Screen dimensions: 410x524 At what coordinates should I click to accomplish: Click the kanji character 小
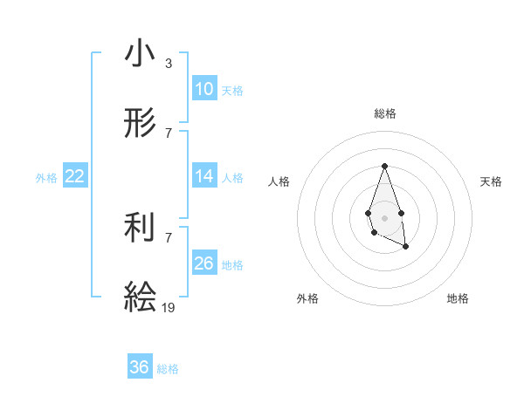(x=140, y=54)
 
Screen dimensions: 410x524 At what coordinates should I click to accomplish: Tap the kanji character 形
(x=140, y=123)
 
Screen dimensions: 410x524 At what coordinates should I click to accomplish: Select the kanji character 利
(x=140, y=228)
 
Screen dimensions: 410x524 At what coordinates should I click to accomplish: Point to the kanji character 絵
(x=140, y=297)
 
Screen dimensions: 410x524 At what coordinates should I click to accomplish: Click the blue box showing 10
(x=204, y=89)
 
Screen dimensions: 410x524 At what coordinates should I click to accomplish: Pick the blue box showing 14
(x=204, y=176)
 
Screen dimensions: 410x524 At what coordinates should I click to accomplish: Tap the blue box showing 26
(x=204, y=263)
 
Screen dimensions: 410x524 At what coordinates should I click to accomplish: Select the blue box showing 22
(x=75, y=176)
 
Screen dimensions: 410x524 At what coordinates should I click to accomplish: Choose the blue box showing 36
(x=140, y=367)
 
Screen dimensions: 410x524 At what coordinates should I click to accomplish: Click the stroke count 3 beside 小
(x=169, y=64)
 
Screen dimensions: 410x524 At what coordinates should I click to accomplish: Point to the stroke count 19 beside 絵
(x=169, y=307)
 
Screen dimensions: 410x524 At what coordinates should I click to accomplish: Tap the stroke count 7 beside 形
(x=169, y=133)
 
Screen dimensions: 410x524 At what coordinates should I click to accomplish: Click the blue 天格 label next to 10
(x=232, y=90)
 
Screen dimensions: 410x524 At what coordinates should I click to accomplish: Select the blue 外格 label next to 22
(x=46, y=177)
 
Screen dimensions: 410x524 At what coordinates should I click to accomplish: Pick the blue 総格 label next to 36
(x=168, y=368)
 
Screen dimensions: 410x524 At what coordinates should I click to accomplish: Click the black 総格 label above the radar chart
(x=385, y=113)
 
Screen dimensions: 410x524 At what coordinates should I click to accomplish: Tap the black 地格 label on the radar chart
(x=458, y=298)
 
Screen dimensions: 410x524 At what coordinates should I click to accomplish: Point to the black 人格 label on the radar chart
(x=279, y=181)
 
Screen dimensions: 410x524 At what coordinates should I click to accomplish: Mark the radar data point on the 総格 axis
(x=384, y=166)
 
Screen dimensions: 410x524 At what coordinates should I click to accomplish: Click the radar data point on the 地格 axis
(x=406, y=247)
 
